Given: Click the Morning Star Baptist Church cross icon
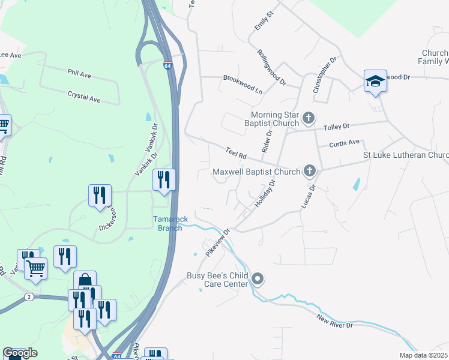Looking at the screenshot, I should tap(309, 118).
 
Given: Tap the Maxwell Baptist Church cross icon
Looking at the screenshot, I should tap(310, 172).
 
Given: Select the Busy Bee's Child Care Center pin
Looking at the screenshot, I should tap(258, 279).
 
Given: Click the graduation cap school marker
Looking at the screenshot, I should tap(375, 82).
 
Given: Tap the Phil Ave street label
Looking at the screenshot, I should tap(79, 74).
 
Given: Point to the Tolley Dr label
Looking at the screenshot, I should tap(336, 127).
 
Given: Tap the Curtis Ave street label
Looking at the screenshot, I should tap(345, 143).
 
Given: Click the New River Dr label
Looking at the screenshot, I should tap(335, 325).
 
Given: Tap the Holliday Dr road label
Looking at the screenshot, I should tap(265, 193).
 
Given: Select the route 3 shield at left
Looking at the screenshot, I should tap(28, 297).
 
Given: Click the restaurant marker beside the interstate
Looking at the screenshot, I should tap(164, 180).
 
